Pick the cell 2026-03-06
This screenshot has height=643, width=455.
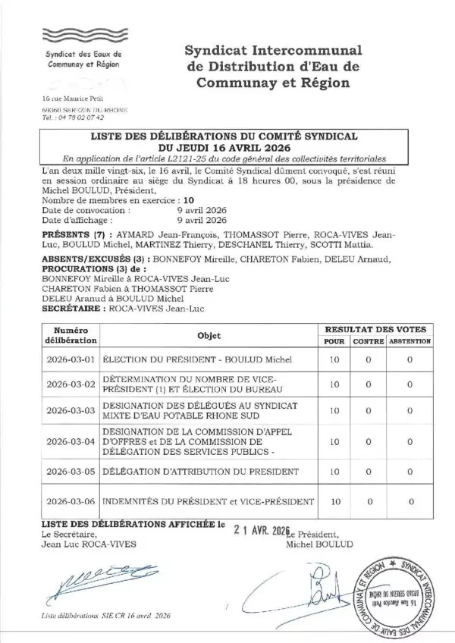click(71, 502)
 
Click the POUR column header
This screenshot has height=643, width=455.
click(334, 342)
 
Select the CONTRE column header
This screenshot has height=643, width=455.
click(367, 342)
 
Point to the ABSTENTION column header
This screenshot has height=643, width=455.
click(409, 342)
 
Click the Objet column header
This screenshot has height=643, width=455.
click(209, 336)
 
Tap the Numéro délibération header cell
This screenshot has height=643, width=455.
click(71, 336)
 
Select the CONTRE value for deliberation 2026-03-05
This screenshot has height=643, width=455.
click(367, 471)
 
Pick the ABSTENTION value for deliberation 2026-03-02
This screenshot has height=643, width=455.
click(409, 384)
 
